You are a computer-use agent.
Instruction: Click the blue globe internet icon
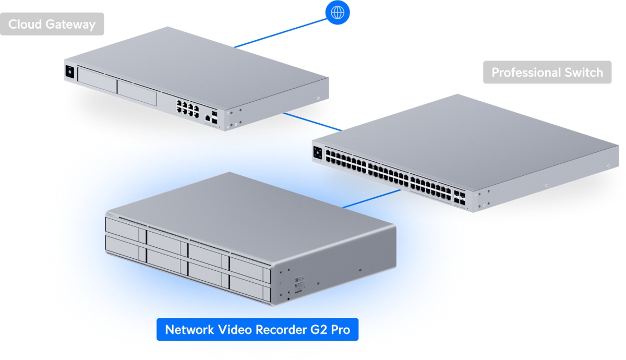click(338, 13)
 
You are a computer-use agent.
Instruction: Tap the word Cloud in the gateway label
click(25, 25)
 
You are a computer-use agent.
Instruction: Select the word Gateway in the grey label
click(70, 25)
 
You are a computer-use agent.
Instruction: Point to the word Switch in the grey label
click(584, 73)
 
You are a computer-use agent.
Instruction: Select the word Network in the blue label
click(189, 330)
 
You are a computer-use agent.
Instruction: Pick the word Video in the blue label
click(235, 330)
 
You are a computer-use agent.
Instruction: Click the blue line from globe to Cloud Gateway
click(280, 33)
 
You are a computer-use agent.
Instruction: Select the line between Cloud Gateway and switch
click(312, 122)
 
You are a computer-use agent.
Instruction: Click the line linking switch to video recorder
click(371, 199)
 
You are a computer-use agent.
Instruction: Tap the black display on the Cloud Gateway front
click(69, 71)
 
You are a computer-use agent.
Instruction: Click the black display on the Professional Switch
click(318, 153)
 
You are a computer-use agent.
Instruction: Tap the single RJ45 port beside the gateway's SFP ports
click(208, 118)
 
